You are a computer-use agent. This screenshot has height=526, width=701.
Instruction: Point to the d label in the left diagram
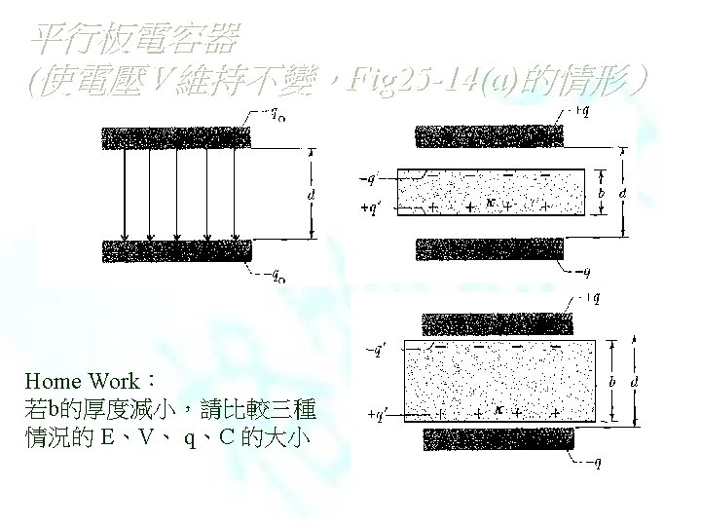310,195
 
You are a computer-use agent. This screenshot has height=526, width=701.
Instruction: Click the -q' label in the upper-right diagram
369,179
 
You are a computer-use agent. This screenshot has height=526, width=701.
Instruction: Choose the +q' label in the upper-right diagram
370,207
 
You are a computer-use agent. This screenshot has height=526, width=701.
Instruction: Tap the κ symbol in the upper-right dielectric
492,203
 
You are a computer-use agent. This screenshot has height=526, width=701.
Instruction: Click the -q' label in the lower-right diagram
377,347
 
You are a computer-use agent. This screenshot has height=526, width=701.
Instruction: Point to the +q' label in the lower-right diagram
378,414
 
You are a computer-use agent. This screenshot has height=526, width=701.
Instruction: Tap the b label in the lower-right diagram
610,382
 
